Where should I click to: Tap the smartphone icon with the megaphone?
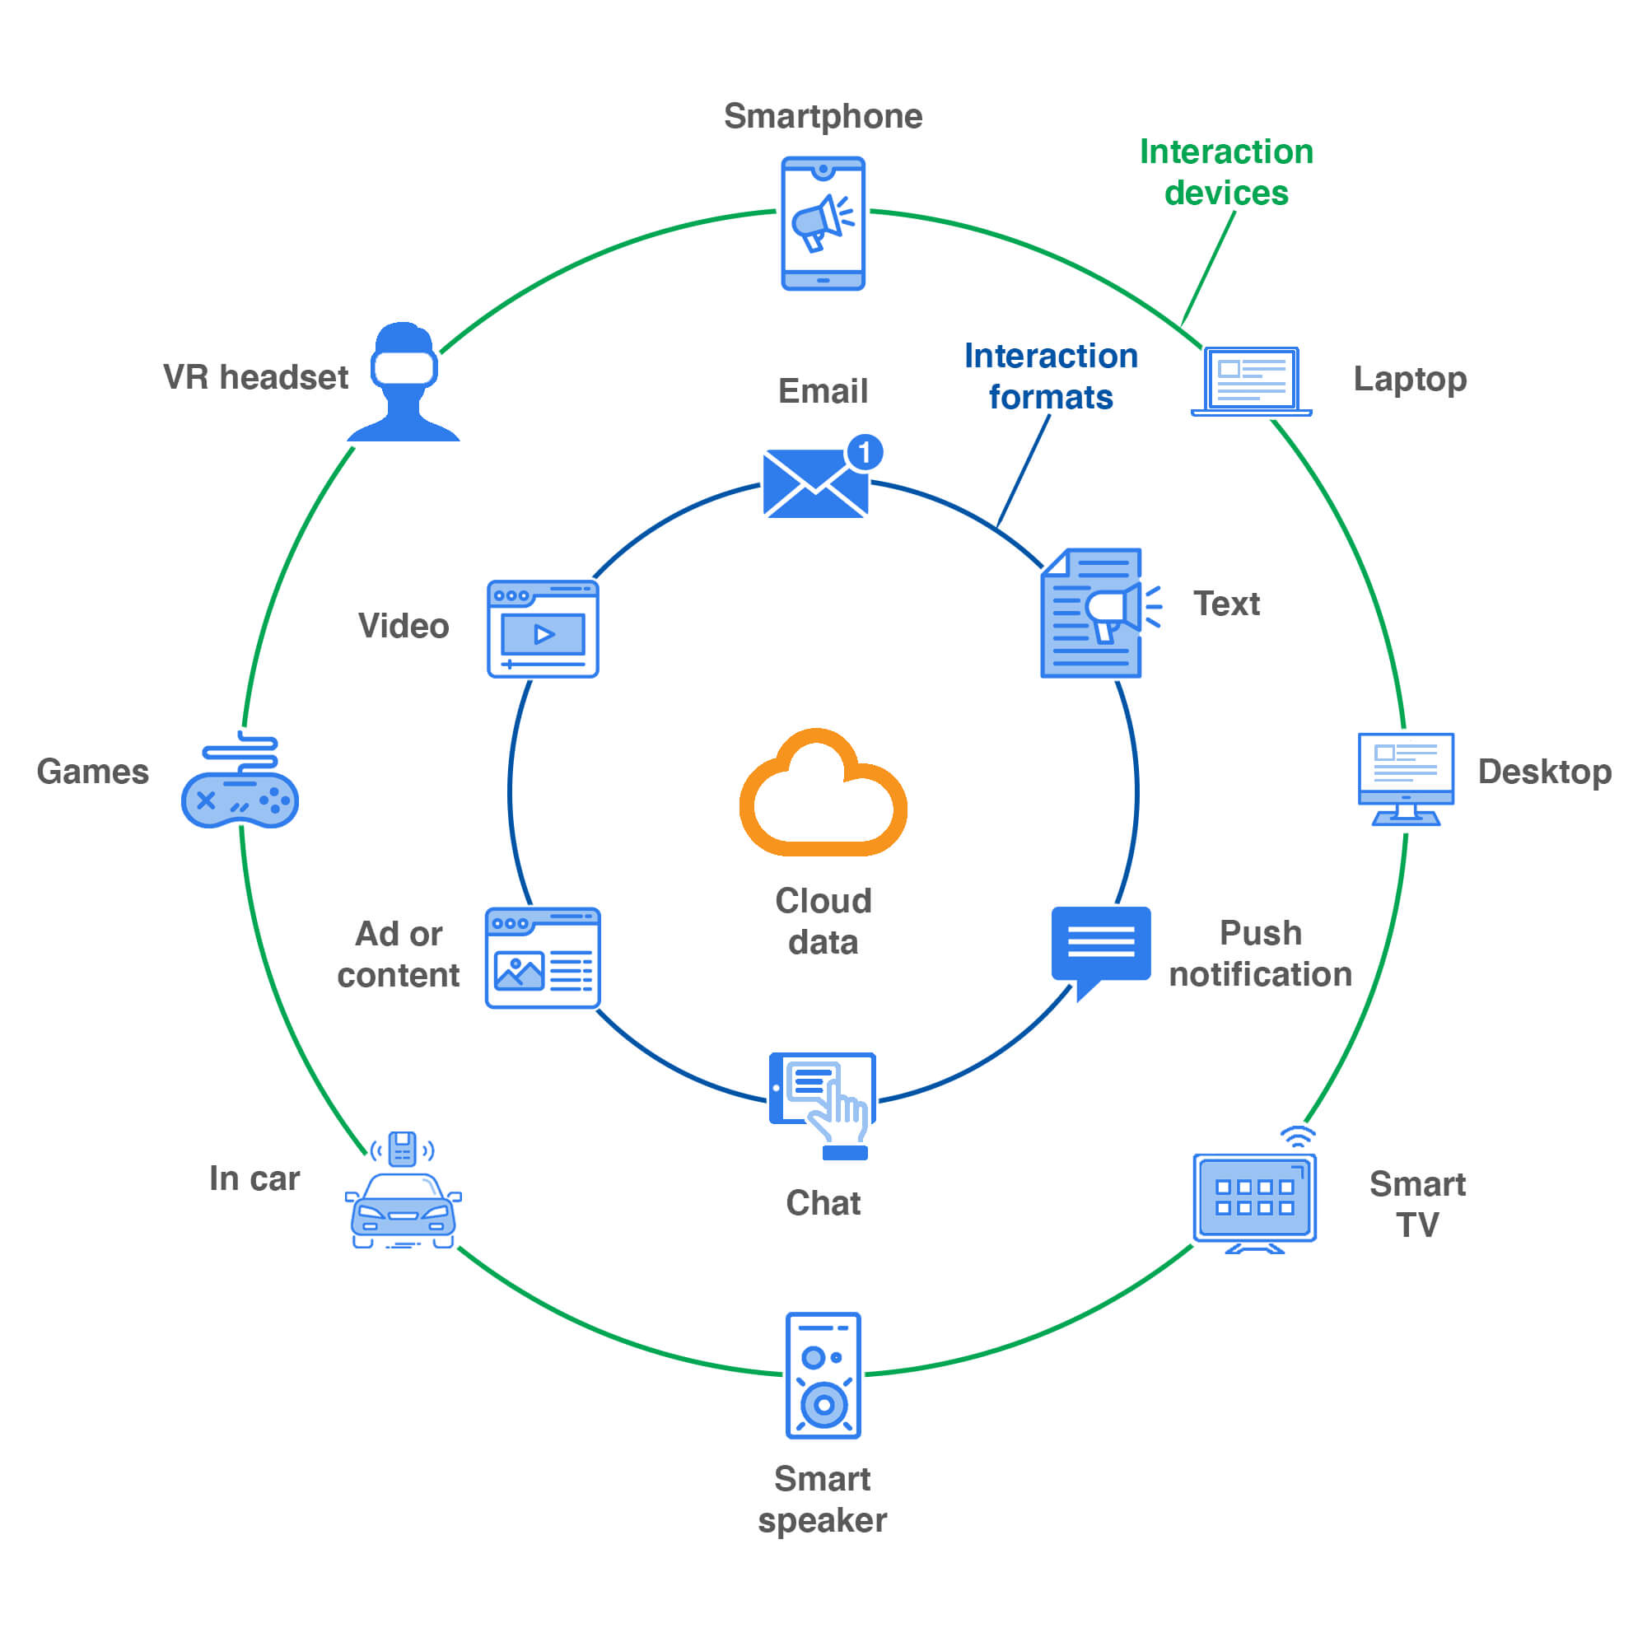tap(823, 223)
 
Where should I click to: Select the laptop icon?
tap(1251, 381)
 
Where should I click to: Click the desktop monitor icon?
tap(1405, 778)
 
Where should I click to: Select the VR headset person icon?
tap(404, 382)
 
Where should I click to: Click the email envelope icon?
tap(816, 483)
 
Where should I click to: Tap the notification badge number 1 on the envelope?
tap(865, 452)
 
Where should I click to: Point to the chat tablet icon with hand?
tap(823, 1099)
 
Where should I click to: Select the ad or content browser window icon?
tap(543, 959)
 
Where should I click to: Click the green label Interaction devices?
tap(1226, 172)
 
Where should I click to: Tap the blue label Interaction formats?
tap(1050, 376)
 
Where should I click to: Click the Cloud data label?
tap(823, 921)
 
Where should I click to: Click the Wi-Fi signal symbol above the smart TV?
tap(1298, 1136)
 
